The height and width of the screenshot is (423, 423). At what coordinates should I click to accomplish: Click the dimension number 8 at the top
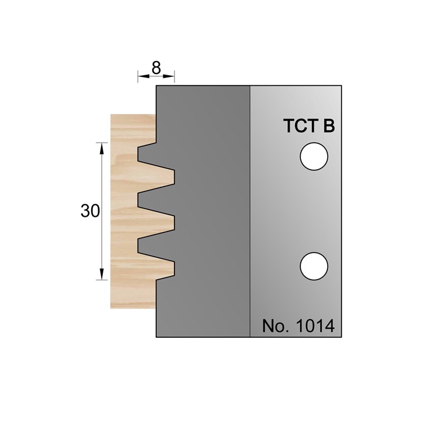coord(156,68)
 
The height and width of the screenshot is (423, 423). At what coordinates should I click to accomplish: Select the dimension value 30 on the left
coord(90,211)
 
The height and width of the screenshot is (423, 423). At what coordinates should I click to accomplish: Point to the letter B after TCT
coord(328,127)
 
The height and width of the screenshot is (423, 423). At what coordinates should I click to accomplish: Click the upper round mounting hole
coord(313,157)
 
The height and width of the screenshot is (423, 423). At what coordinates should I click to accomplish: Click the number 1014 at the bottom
coord(315,327)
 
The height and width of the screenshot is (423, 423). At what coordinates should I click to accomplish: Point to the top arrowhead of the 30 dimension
coord(102,147)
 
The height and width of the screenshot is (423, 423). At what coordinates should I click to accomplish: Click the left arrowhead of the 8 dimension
coord(142,76)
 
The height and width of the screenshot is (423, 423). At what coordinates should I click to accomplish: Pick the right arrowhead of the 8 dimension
coord(171,76)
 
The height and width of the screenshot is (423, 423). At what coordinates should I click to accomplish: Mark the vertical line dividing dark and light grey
coord(250,211)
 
